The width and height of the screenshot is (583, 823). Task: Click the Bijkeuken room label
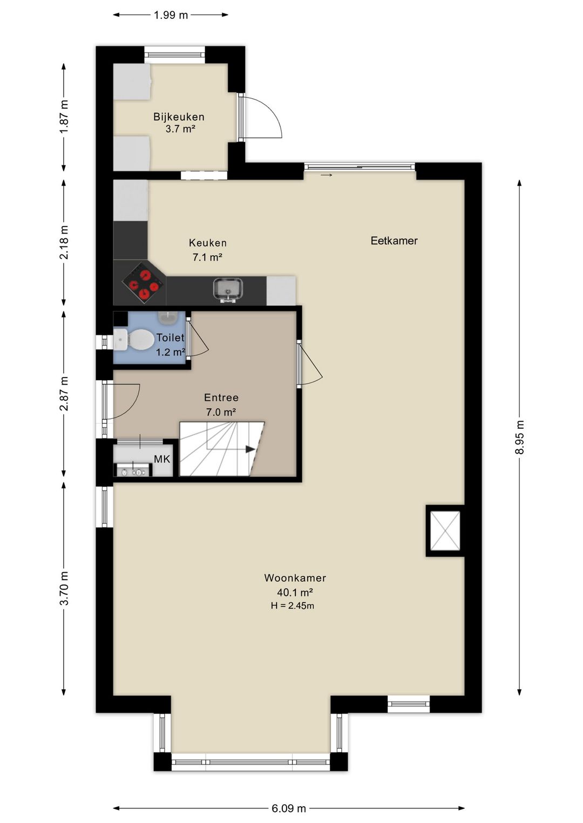[x=179, y=117]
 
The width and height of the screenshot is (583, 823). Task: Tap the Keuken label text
[x=208, y=243]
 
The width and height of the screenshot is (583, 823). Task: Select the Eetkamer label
[x=394, y=241]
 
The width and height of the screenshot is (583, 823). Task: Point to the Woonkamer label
[x=295, y=578]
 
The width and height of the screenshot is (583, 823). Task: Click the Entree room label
[x=221, y=397]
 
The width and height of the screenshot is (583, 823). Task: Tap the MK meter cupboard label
[x=162, y=459]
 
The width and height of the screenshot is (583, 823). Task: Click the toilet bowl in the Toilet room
[x=140, y=339]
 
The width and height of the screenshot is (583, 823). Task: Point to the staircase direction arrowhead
[x=250, y=449]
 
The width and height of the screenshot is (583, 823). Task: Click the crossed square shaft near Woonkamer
[x=445, y=531]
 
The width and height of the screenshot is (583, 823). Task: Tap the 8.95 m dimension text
[x=519, y=437]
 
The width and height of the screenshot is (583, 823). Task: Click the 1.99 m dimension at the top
[x=171, y=15]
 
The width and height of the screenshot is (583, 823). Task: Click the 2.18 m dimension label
[x=64, y=243]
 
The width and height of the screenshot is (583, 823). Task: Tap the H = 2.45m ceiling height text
[x=293, y=606]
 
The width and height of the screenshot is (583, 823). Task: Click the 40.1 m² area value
[x=295, y=592]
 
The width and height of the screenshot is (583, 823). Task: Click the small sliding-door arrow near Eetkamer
[x=326, y=175]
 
